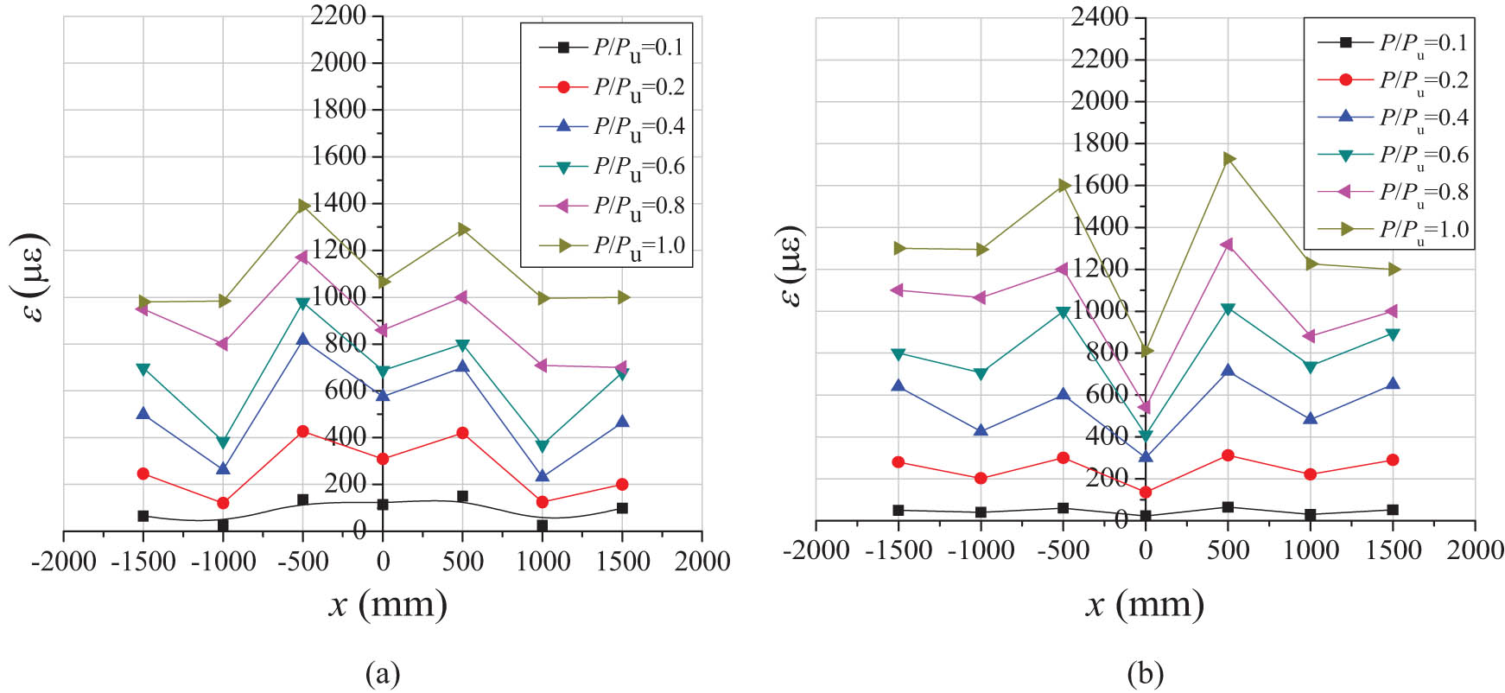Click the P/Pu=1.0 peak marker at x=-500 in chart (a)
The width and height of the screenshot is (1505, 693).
pyautogui.click(x=303, y=206)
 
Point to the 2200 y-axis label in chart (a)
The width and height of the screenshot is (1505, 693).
pyautogui.click(x=339, y=16)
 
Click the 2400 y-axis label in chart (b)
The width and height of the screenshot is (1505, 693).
pyautogui.click(x=1100, y=16)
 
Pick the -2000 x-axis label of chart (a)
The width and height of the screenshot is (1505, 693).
pyautogui.click(x=63, y=562)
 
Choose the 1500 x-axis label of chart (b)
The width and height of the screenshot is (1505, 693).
pyautogui.click(x=1393, y=550)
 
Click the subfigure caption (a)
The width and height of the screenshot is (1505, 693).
pyautogui.click(x=383, y=673)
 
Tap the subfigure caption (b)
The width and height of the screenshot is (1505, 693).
pyautogui.click(x=1145, y=673)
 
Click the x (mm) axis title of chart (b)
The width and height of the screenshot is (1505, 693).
pyautogui.click(x=1145, y=604)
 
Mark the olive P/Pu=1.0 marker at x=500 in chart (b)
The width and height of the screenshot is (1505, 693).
pyautogui.click(x=1229, y=159)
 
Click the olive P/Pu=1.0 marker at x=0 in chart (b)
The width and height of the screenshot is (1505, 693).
pyautogui.click(x=1146, y=351)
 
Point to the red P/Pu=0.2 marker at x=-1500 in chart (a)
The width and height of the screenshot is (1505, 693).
pyautogui.click(x=143, y=474)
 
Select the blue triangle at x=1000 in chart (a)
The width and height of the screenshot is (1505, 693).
pyautogui.click(x=543, y=475)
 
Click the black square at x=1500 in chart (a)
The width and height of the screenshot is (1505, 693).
pyautogui.click(x=622, y=508)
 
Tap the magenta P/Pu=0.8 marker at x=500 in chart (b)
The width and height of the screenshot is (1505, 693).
pyautogui.click(x=1227, y=245)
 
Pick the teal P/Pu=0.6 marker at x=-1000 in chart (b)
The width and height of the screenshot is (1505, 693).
pyautogui.click(x=981, y=374)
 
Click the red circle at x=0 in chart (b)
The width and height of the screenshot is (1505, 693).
pyautogui.click(x=1146, y=493)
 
